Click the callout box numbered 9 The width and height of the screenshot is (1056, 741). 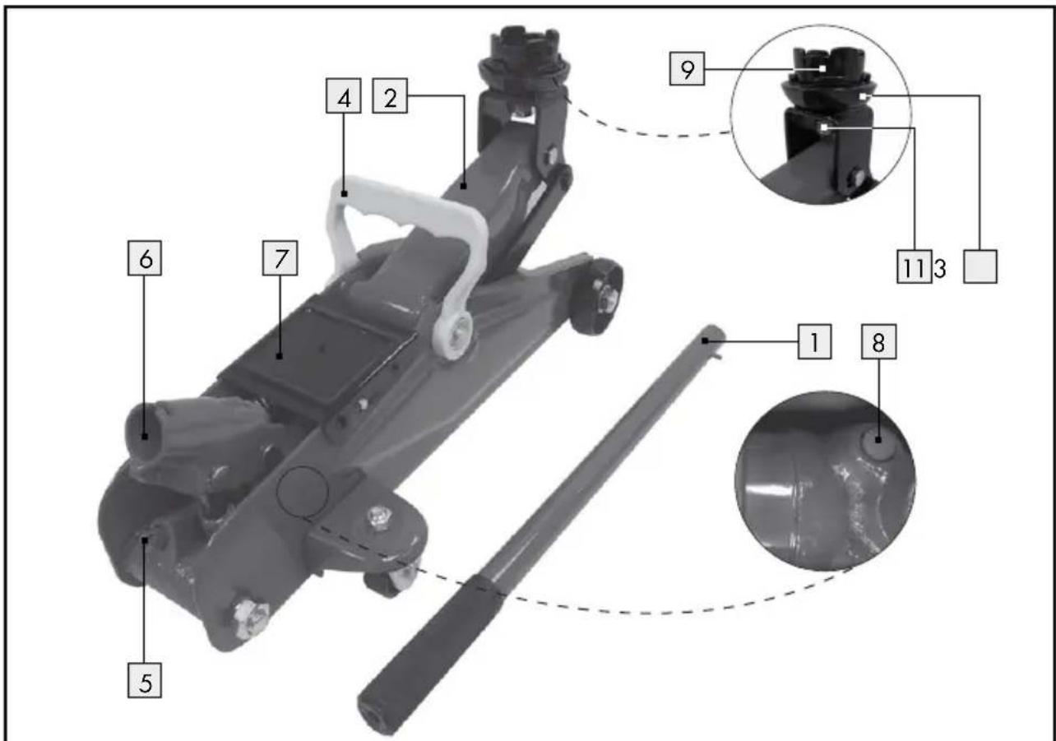(x=687, y=69)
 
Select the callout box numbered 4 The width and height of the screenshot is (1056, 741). (x=344, y=96)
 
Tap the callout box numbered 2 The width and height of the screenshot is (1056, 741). (x=390, y=96)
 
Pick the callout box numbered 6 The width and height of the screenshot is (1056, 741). (x=145, y=258)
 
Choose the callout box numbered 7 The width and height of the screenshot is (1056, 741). (x=280, y=258)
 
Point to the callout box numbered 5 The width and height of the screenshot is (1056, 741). (x=145, y=681)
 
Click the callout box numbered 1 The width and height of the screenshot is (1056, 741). (x=814, y=341)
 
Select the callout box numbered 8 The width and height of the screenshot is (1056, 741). (x=878, y=341)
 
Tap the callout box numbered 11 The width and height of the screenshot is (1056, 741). (x=914, y=266)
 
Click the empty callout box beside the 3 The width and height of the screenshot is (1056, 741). (x=980, y=266)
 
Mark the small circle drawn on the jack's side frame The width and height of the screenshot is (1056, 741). (x=302, y=492)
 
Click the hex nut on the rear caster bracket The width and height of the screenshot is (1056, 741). (x=378, y=519)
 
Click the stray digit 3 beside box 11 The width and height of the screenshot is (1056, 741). (x=939, y=269)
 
